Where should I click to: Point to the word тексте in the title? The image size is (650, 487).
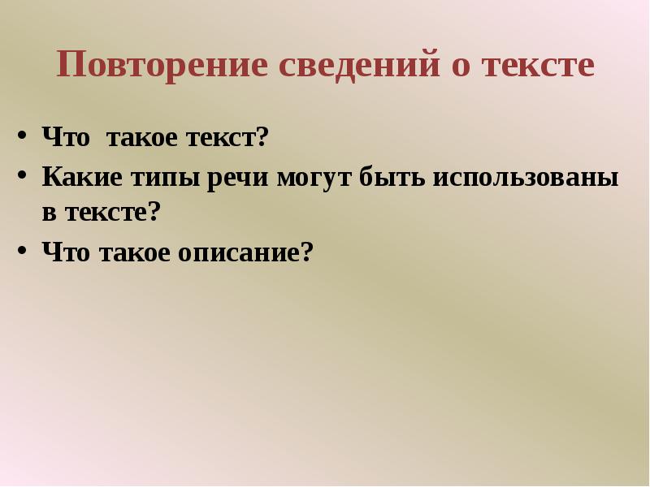point(539,66)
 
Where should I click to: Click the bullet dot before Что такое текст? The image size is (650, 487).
point(22,136)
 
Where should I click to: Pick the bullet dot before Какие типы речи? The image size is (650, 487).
point(22,175)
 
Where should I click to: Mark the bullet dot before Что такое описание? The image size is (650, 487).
point(22,252)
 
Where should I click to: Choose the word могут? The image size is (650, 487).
point(301,176)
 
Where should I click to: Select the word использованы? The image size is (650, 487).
point(525,175)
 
